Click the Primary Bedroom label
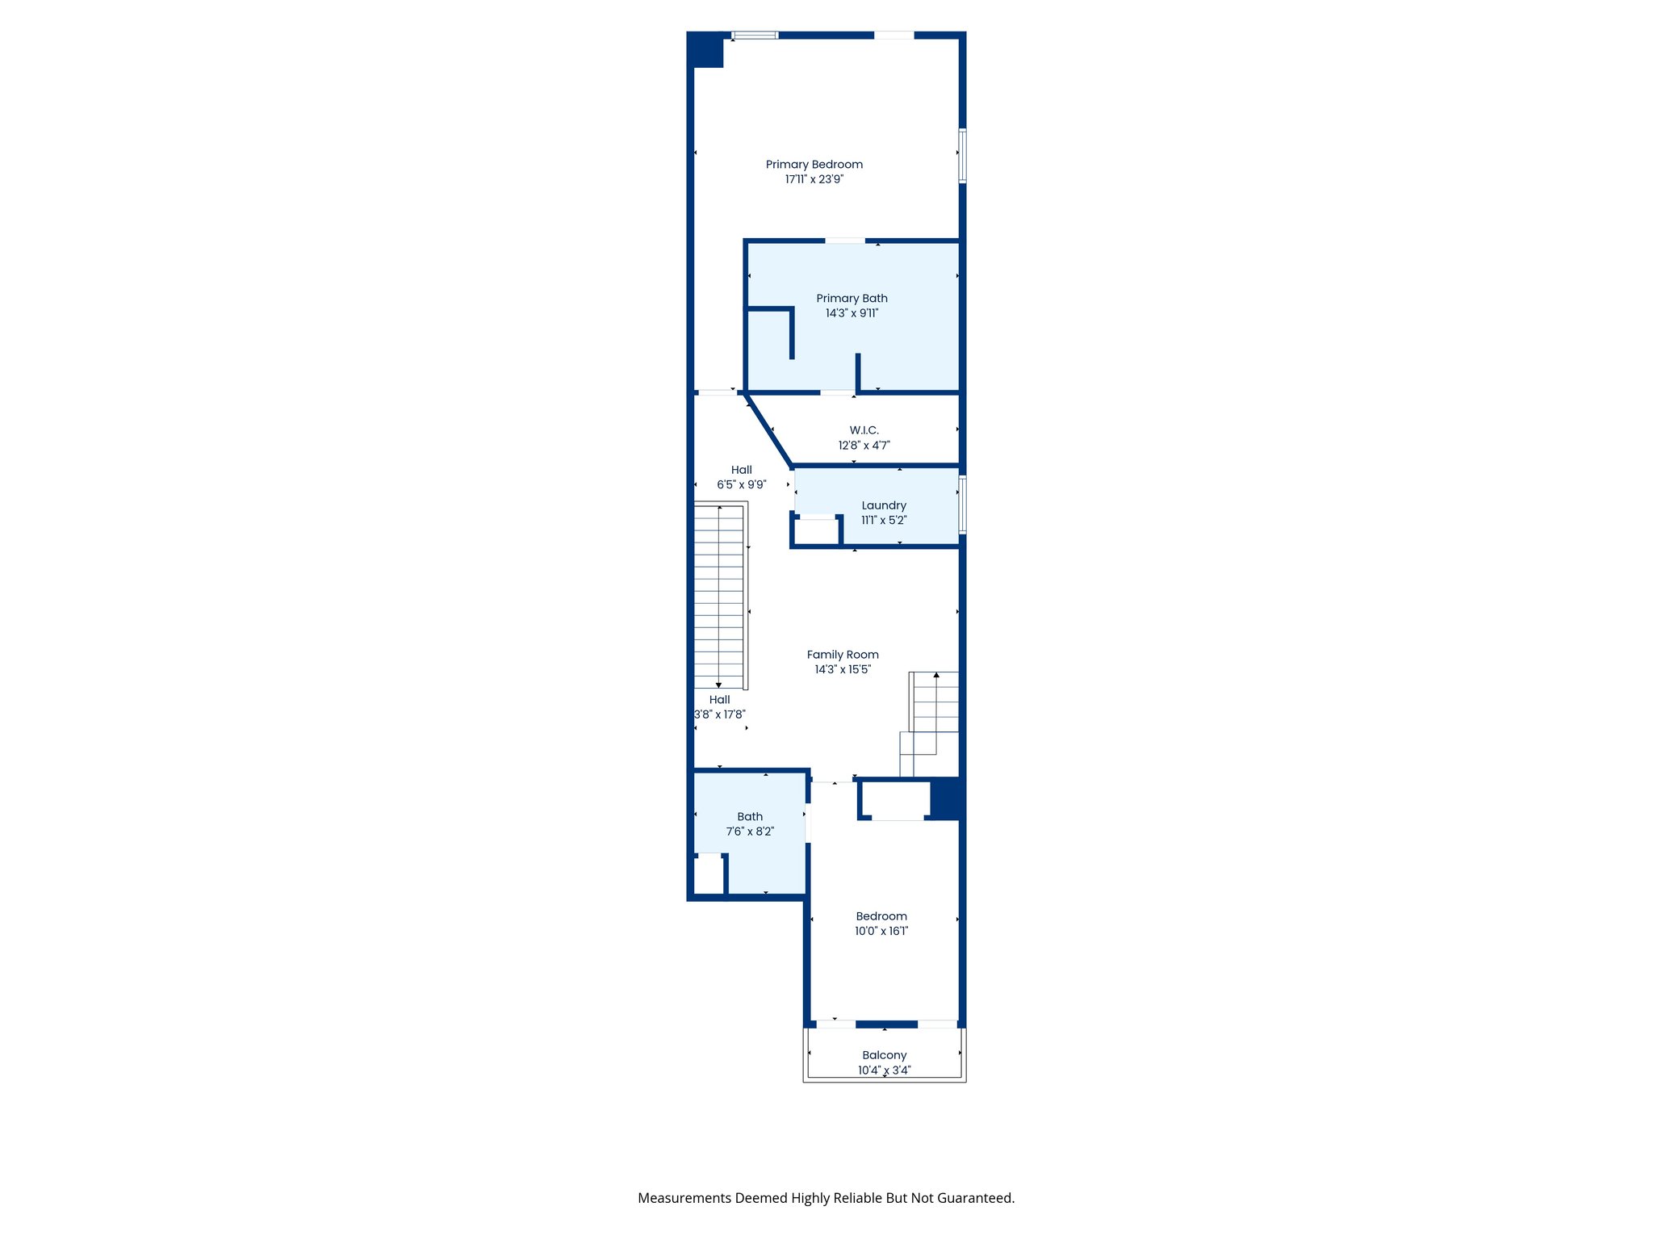pos(814,165)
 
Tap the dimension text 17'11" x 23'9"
pos(814,179)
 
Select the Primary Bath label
pos(852,299)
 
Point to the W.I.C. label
pos(864,430)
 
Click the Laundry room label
pos(884,505)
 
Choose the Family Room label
pos(843,655)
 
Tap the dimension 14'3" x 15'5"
pos(843,669)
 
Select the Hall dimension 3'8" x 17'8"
pos(720,714)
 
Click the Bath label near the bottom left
pos(750,817)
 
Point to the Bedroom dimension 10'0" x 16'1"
pos(881,931)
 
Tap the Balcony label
pos(884,1055)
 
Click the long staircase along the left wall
pos(718,597)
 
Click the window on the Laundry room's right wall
pos(962,505)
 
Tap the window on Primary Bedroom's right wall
pos(962,156)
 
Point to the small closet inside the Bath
pos(709,874)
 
